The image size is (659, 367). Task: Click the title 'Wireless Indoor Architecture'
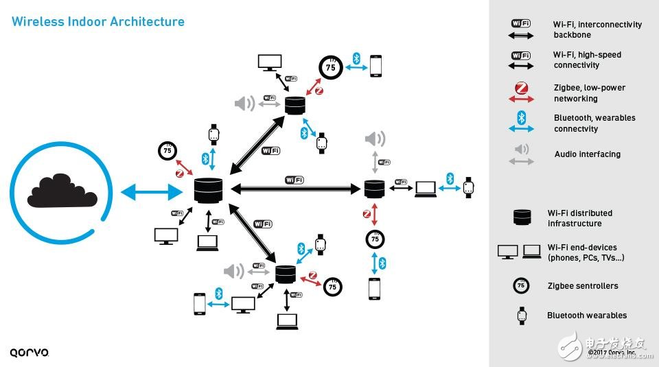coord(98,22)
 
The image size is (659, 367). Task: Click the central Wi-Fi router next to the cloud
coord(209,190)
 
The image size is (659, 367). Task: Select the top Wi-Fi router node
coord(294,105)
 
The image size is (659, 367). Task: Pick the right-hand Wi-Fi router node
coord(375,188)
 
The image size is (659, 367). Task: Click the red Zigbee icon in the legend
coord(521,88)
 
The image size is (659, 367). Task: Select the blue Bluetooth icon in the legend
coord(521,117)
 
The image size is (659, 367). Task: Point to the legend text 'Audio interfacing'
coord(587,154)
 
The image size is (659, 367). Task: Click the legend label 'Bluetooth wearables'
coord(587,316)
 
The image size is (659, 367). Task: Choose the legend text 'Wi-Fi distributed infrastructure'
coord(580,218)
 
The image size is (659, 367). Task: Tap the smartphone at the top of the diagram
coord(375,65)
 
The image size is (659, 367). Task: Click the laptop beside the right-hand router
coord(425,187)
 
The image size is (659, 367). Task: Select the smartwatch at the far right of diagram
coord(469,187)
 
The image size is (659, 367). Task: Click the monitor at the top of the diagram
coord(268,62)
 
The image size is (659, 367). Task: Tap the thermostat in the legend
coord(521,285)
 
